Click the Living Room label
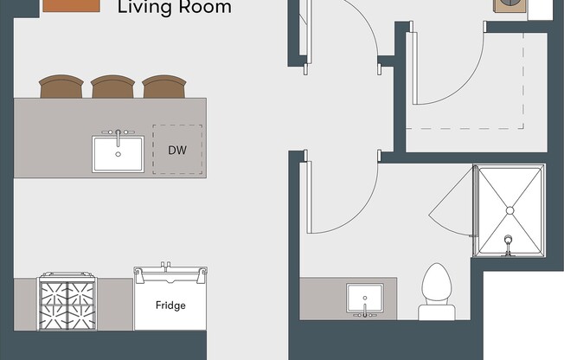click(174, 8)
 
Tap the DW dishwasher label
click(177, 150)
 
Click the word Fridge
click(170, 305)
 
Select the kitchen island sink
click(119, 154)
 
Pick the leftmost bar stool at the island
click(61, 87)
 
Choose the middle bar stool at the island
click(112, 87)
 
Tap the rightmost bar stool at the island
click(164, 87)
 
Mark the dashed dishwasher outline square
click(177, 149)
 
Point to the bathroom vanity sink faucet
click(365, 312)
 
